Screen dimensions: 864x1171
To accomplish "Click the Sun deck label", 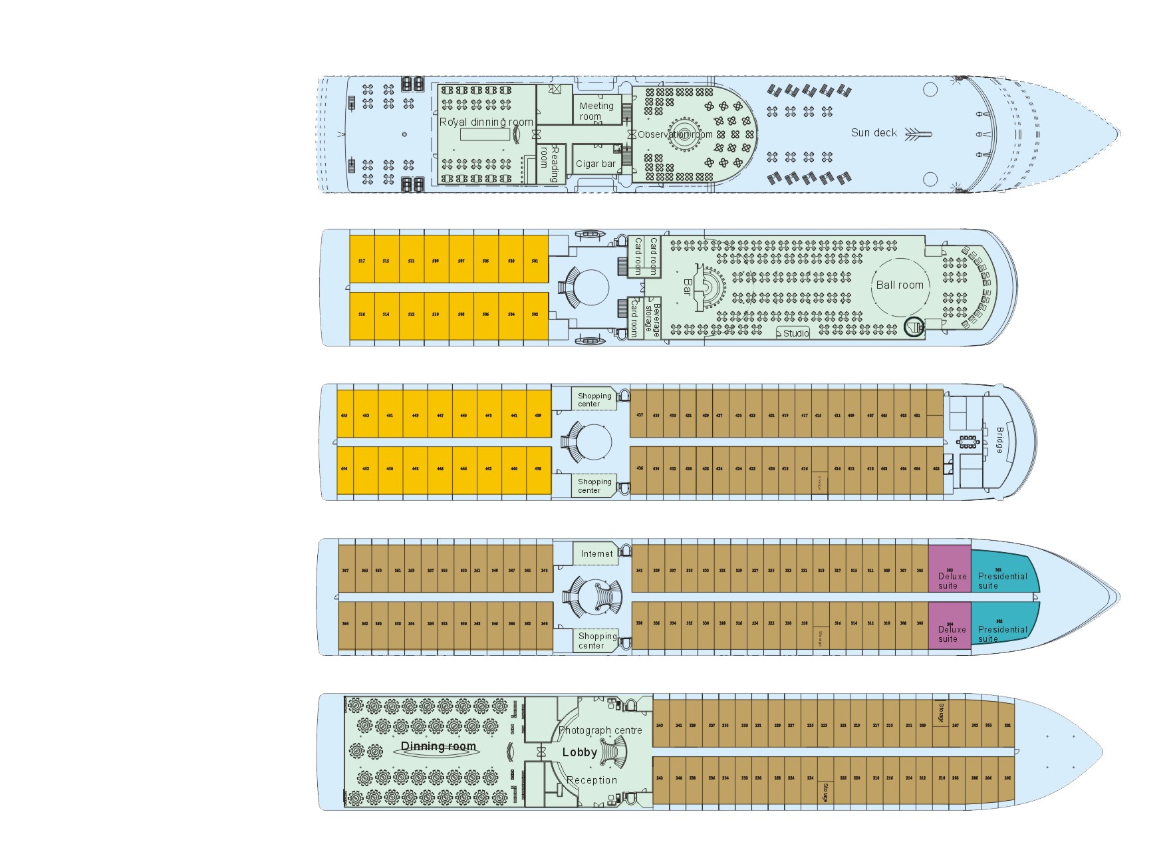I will tap(873, 133).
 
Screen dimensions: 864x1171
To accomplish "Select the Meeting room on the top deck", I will tap(596, 110).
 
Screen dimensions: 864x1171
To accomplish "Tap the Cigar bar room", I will tap(595, 164).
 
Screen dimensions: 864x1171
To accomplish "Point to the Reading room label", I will tap(550, 162).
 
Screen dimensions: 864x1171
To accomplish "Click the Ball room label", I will tap(899, 285).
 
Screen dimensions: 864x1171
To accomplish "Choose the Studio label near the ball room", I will tap(795, 333).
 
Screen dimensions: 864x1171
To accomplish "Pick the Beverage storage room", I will tap(652, 319).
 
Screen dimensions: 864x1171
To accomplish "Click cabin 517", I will tap(362, 260).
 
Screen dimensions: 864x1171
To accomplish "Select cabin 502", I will tap(535, 314).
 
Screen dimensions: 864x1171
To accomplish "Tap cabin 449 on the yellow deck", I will tap(415, 414).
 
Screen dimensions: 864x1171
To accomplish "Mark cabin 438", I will tap(538, 468).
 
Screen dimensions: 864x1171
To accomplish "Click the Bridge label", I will tap(999, 440).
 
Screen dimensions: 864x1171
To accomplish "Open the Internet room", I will tap(596, 553).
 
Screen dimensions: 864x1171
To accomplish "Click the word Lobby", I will tap(579, 752).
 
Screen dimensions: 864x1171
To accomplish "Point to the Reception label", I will tap(591, 780).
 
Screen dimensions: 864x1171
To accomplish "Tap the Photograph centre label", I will tap(600, 730).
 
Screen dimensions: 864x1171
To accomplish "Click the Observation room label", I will tap(674, 134).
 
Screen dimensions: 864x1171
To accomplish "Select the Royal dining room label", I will tap(486, 122).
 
